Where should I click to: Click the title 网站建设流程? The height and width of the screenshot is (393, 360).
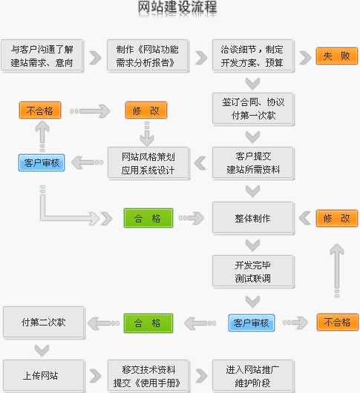pos(177,7)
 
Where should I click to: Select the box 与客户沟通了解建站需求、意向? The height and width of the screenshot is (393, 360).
pos(42,56)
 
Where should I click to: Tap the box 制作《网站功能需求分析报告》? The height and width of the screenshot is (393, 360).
pos(148,56)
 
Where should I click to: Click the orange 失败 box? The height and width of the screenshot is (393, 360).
pos(337,56)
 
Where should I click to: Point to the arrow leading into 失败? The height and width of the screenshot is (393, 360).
pos(305,58)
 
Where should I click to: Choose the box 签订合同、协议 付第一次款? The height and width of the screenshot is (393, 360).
pos(253,109)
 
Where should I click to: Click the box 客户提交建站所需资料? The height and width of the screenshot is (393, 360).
pos(253,163)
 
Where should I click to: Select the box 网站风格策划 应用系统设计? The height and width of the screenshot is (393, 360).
pos(148,163)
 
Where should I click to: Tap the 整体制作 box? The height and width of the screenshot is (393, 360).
pos(253,218)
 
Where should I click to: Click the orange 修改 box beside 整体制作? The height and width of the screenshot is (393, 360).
pos(337,218)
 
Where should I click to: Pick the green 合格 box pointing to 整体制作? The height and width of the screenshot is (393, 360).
pos(148,218)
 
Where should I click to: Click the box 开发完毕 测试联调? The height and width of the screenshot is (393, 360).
pos(253,271)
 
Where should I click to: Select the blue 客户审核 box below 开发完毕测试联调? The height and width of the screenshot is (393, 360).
pos(252,323)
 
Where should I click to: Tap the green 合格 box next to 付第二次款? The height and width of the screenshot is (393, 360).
pos(148,323)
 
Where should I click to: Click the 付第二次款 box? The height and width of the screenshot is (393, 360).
pos(44,323)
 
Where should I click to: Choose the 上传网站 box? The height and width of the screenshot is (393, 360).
pos(44,376)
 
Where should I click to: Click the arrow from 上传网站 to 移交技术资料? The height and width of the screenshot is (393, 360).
pos(95,376)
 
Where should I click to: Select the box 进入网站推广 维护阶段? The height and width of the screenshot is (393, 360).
pos(253,376)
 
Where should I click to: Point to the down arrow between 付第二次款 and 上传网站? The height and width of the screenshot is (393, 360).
pos(42,351)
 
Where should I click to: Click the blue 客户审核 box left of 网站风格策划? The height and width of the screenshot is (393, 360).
pos(42,163)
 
